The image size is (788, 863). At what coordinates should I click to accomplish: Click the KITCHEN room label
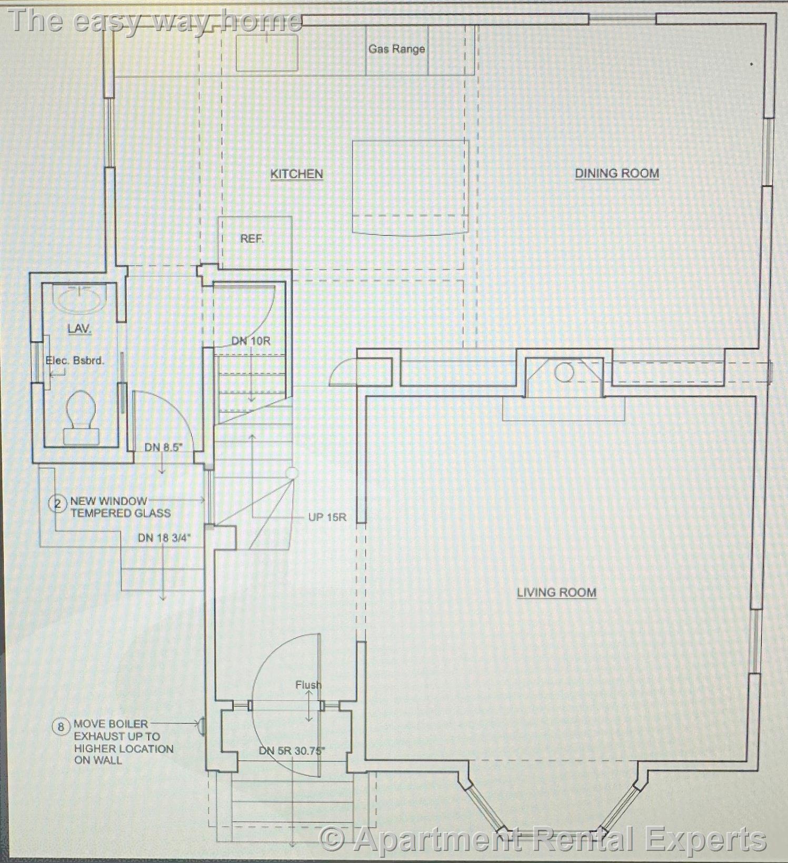coord(296,174)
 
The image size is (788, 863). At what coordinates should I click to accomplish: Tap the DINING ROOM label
coord(616,173)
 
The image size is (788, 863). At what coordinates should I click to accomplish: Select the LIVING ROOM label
coord(556,592)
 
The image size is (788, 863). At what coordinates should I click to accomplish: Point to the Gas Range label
coord(396,49)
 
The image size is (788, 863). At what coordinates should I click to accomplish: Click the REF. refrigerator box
coord(255,243)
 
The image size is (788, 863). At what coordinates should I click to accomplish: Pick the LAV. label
coord(79,329)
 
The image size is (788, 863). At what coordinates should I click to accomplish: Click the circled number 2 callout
coord(57,504)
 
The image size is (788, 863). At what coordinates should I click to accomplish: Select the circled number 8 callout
coord(61,727)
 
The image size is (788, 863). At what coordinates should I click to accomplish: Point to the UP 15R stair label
coord(327,517)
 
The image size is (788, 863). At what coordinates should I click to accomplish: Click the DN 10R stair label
coord(251,341)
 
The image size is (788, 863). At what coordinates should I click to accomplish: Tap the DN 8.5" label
coord(163,447)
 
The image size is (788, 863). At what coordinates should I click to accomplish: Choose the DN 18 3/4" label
coord(164,538)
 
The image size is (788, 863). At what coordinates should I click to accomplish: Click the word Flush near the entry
coord(308,685)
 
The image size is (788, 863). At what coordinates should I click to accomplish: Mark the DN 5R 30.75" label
coord(292,751)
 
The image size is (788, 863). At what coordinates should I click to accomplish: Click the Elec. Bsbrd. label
coord(75,360)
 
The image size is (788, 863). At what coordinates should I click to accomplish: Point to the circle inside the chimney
coord(564,373)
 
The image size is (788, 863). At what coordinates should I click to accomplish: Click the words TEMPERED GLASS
coord(121,513)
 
